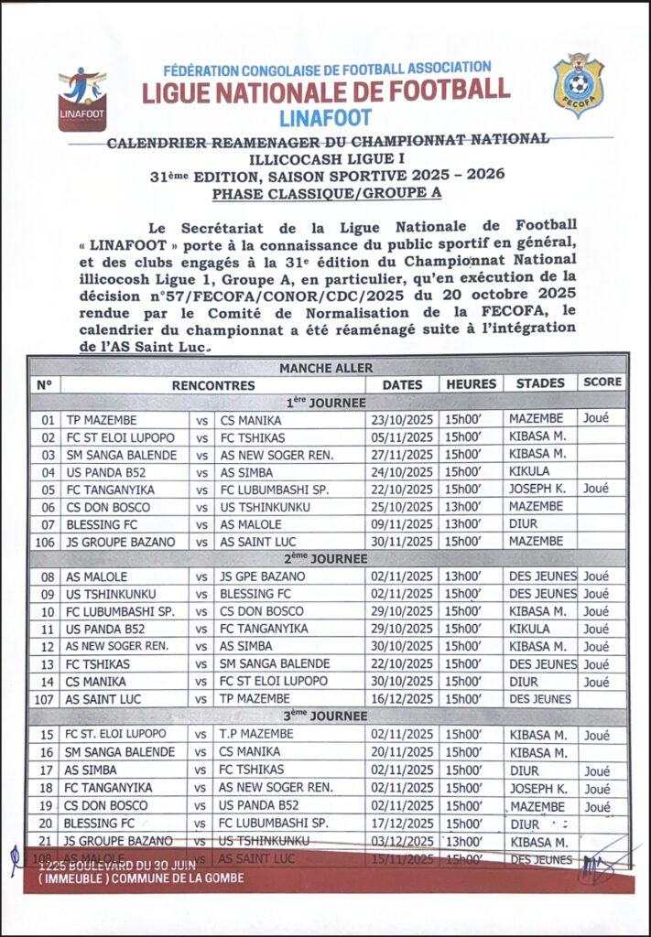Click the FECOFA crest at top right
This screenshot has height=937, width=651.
(x=579, y=85)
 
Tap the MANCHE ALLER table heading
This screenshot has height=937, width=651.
(x=326, y=367)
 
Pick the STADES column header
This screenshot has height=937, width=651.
(x=540, y=383)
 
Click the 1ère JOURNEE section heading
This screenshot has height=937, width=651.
(x=326, y=402)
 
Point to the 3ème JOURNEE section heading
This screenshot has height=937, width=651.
(x=326, y=716)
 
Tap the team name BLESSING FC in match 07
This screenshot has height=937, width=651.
(x=102, y=524)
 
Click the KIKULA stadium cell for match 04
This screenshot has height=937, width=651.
(x=531, y=471)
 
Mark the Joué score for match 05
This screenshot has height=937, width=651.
(x=597, y=489)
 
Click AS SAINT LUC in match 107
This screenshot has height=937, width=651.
(x=103, y=699)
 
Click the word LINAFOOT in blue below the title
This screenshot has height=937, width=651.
(x=326, y=117)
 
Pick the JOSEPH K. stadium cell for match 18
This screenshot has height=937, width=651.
(x=537, y=788)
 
